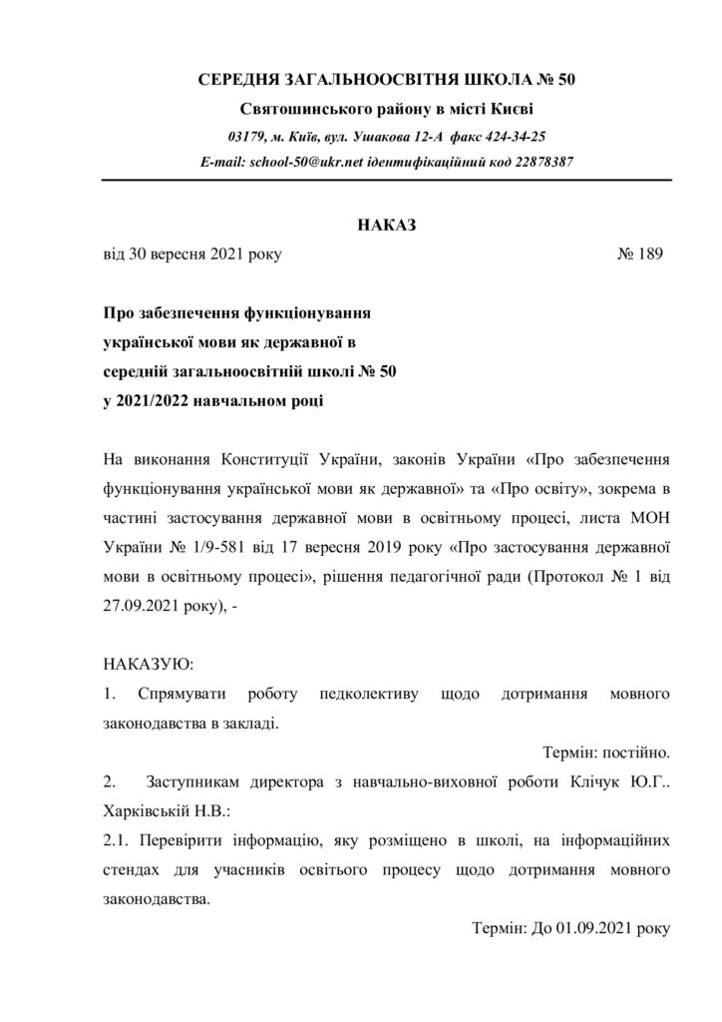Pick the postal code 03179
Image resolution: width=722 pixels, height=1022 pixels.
[246, 136]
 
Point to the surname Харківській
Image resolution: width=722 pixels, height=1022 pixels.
[152, 807]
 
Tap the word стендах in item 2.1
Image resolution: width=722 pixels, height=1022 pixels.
[133, 870]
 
